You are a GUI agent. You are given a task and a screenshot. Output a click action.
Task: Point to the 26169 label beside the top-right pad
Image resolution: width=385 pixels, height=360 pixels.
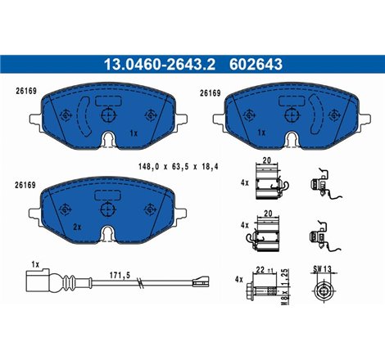[x=211, y=92]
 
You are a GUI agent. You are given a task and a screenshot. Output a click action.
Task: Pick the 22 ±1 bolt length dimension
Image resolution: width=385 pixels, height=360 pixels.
[x=264, y=269]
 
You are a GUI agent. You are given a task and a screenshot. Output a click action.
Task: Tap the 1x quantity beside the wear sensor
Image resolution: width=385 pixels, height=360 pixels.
[x=34, y=264]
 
